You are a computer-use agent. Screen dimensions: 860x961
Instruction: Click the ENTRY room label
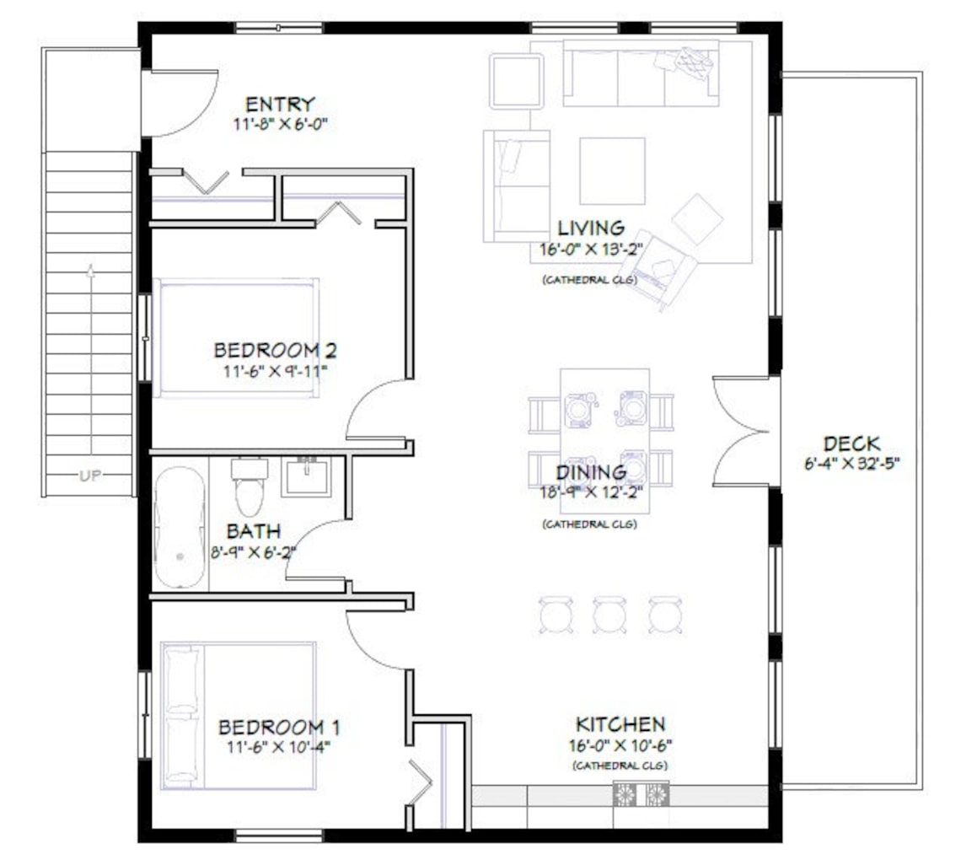[280, 105]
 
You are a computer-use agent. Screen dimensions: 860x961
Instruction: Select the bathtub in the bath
[180, 527]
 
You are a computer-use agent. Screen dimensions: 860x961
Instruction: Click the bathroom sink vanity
[305, 476]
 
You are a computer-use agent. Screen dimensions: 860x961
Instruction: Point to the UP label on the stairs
[90, 476]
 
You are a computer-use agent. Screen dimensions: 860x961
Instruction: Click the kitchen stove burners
[641, 794]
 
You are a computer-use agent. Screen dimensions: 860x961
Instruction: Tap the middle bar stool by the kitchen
[609, 615]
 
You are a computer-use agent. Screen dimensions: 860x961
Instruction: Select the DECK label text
[851, 443]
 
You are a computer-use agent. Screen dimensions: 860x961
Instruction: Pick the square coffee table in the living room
[612, 170]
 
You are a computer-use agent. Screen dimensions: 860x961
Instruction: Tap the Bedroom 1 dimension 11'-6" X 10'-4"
[278, 746]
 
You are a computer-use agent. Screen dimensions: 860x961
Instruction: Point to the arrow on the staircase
[90, 271]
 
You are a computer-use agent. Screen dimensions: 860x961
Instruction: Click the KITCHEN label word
[620, 724]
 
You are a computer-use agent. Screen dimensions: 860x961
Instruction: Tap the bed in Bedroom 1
[239, 717]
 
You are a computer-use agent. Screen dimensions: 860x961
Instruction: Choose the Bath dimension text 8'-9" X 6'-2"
[252, 554]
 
